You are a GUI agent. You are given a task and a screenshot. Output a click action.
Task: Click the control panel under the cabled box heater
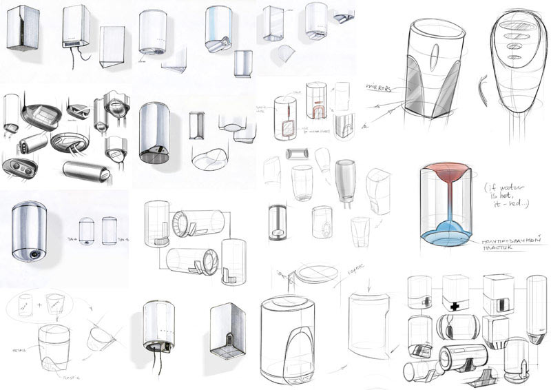coord(74,43)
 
